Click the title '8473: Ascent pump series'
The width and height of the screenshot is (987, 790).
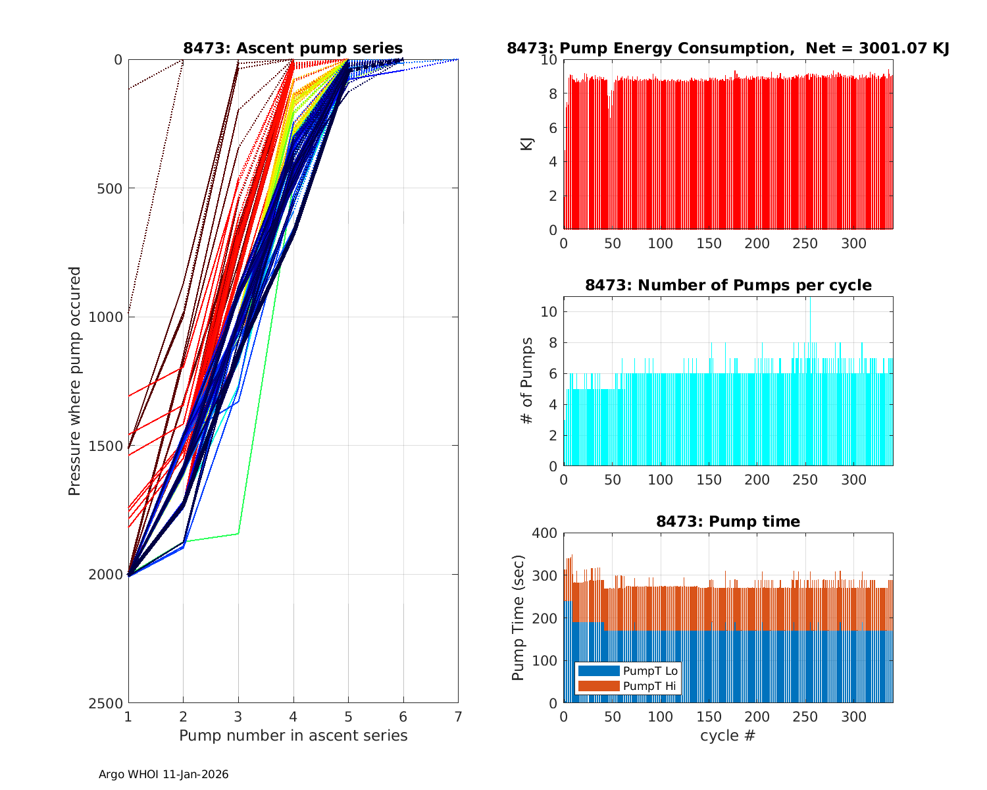(293, 48)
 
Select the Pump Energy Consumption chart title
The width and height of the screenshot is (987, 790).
(728, 48)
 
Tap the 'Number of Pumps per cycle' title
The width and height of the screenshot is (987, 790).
(728, 285)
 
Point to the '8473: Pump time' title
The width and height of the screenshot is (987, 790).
(728, 521)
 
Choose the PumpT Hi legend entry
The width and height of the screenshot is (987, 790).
(649, 686)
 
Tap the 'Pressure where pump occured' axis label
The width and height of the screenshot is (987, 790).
(75, 381)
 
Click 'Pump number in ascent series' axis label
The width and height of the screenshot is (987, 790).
(293, 735)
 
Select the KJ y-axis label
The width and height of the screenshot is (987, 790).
(526, 144)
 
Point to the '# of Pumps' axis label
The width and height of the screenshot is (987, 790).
(526, 381)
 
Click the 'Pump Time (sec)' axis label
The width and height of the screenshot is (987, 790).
(519, 618)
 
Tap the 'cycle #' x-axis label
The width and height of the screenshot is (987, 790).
(728, 735)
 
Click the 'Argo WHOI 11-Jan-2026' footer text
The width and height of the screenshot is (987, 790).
(163, 775)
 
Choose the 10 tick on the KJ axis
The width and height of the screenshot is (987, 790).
(549, 60)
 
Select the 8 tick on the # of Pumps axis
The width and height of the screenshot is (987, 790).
(553, 342)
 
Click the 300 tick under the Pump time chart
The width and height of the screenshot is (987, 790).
(854, 716)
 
